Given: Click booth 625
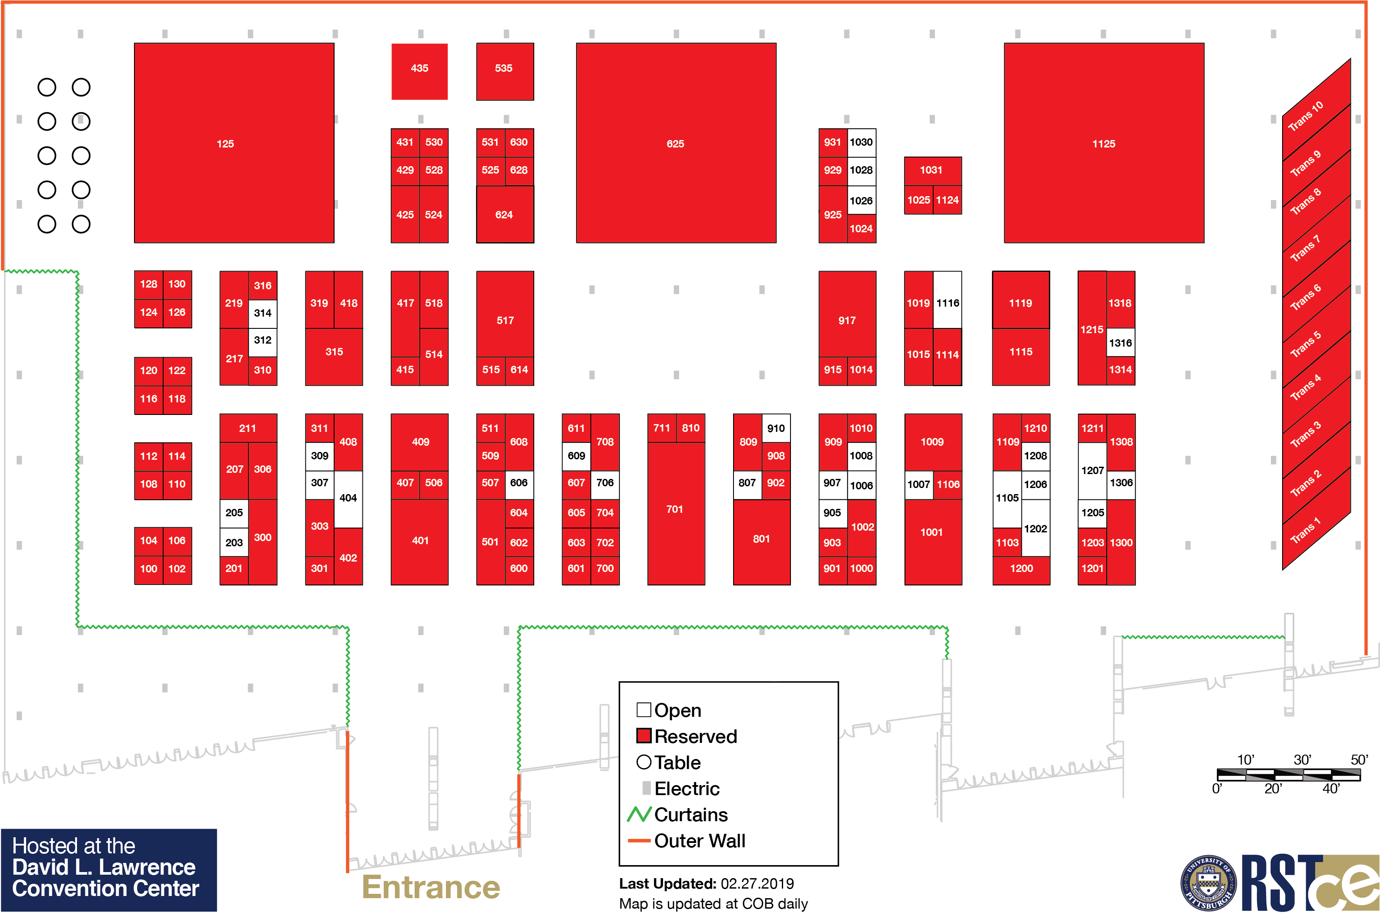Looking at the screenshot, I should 675,143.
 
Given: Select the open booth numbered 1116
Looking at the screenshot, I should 947,300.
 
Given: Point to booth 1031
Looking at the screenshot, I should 932,170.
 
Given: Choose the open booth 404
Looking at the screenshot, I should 348,498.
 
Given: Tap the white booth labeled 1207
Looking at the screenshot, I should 1092,470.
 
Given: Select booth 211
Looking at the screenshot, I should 248,428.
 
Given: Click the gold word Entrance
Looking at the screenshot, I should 431,887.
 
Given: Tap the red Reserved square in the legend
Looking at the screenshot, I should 643,735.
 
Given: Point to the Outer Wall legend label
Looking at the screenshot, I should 699,841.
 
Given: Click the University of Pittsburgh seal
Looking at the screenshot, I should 1208,883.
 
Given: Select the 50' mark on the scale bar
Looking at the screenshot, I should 1359,760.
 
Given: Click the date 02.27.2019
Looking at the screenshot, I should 757,883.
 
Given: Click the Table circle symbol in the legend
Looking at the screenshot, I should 643,762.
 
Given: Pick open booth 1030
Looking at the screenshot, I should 861,142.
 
